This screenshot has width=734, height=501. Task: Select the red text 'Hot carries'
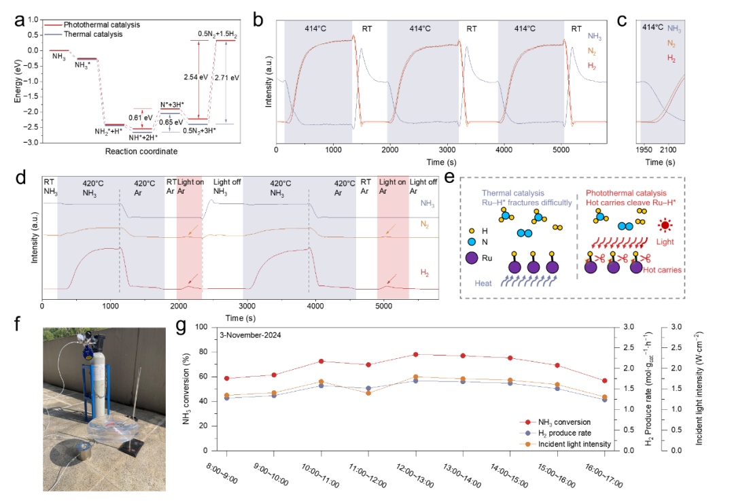[663, 270]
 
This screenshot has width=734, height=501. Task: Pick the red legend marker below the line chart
[527, 422]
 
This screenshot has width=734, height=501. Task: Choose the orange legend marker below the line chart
[527, 444]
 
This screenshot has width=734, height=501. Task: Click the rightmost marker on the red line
[605, 381]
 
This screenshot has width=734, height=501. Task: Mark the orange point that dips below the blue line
[368, 393]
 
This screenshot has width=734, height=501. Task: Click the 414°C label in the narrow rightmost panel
[652, 28]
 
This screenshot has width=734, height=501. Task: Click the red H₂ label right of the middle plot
[425, 273]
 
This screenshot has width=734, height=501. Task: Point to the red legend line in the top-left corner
[53, 24]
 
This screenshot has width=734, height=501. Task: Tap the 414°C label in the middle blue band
[420, 29]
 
